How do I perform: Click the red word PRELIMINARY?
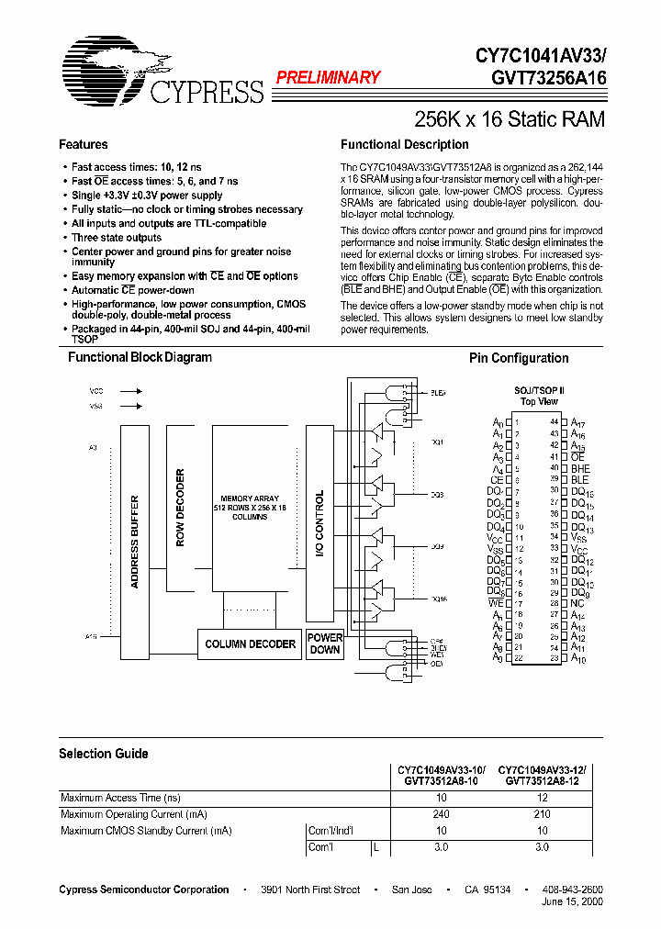point(328,78)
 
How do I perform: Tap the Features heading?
point(84,145)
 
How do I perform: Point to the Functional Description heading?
point(405,145)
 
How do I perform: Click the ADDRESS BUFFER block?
point(135,542)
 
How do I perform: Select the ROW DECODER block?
point(180,508)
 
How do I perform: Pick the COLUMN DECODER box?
point(251,644)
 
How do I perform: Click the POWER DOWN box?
point(325,644)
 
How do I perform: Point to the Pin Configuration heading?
point(519,359)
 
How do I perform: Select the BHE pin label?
point(581,468)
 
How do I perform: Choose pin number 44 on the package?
point(555,421)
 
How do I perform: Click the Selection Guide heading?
point(104,754)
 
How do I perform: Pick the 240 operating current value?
point(441,814)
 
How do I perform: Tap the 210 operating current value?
point(542,814)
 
